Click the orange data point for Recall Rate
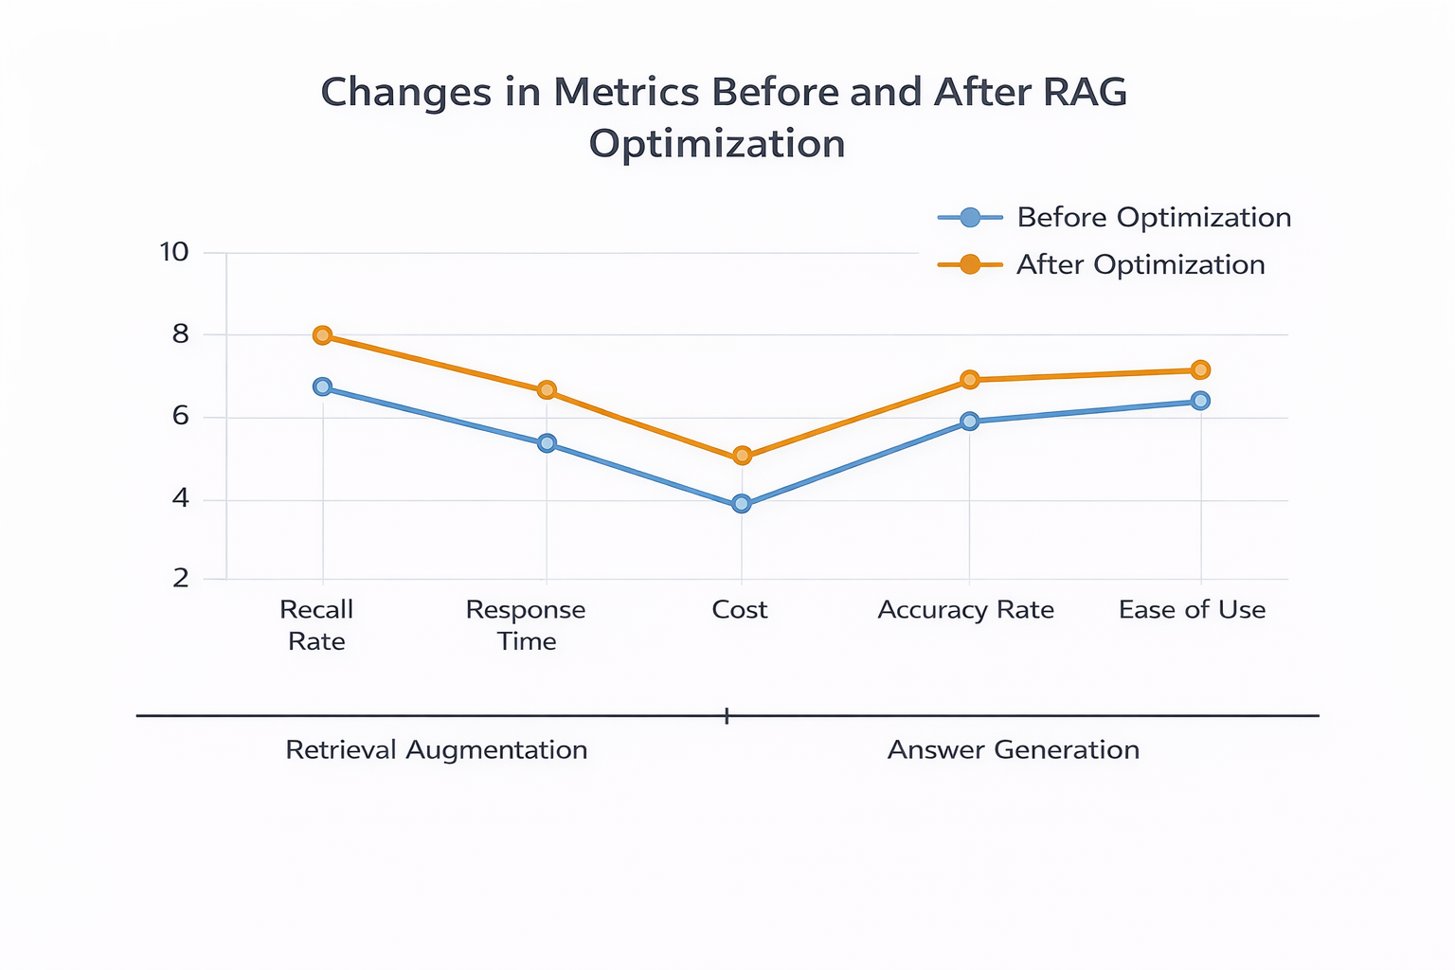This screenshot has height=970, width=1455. pyautogui.click(x=322, y=335)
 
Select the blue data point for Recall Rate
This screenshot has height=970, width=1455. pyautogui.click(x=322, y=386)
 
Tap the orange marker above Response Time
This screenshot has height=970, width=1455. pyautogui.click(x=547, y=390)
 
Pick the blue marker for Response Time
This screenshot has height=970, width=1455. pyautogui.click(x=547, y=443)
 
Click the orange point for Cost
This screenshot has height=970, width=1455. pyautogui.click(x=742, y=456)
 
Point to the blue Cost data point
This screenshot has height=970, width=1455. pyautogui.click(x=741, y=504)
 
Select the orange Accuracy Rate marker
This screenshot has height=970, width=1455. pyautogui.click(x=970, y=380)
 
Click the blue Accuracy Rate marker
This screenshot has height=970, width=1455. pyautogui.click(x=970, y=421)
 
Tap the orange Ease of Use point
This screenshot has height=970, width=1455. pyautogui.click(x=1201, y=369)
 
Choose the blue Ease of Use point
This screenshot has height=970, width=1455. pyautogui.click(x=1201, y=400)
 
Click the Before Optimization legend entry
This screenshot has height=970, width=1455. pyautogui.click(x=1115, y=217)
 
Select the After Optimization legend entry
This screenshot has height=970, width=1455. pyautogui.click(x=1102, y=264)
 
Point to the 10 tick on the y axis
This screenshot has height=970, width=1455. pyautogui.click(x=174, y=252)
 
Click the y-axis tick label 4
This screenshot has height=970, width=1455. pyautogui.click(x=181, y=498)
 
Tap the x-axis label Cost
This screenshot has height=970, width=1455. pyautogui.click(x=740, y=609)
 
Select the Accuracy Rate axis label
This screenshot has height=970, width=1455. pyautogui.click(x=966, y=609)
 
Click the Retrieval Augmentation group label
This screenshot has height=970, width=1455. pyautogui.click(x=437, y=749)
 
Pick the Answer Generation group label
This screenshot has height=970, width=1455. pyautogui.click(x=1014, y=749)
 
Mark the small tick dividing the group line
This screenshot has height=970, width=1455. pyautogui.click(x=727, y=716)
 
